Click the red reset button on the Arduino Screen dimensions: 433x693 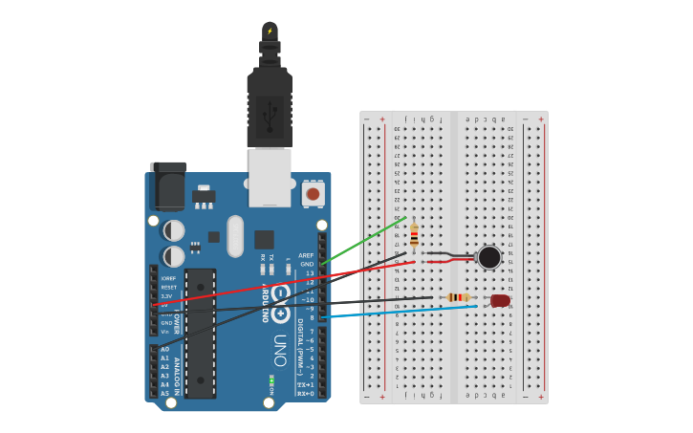(x=312, y=194)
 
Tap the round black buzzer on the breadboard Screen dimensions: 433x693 (x=488, y=257)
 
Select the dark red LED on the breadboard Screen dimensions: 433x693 (x=500, y=301)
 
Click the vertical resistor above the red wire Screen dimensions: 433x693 (x=414, y=234)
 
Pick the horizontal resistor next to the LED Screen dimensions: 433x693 (x=459, y=298)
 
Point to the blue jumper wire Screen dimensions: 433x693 (x=401, y=311)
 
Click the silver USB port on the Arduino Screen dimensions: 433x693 (x=270, y=177)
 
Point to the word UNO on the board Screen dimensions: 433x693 (x=279, y=350)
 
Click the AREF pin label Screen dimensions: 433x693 (x=306, y=255)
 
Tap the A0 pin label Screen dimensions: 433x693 (x=164, y=350)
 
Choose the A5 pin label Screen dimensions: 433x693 (x=164, y=393)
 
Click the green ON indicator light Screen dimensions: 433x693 (x=271, y=380)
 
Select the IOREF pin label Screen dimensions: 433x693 (x=167, y=278)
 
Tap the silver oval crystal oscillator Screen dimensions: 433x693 (x=235, y=235)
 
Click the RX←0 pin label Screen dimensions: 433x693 (x=306, y=393)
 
